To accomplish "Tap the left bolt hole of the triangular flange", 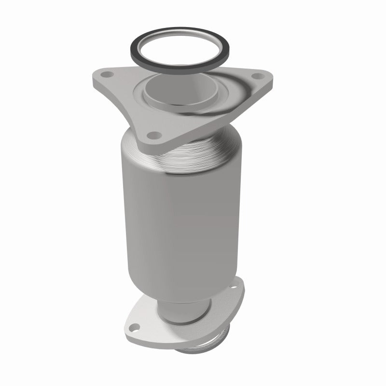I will (x=106, y=75).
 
